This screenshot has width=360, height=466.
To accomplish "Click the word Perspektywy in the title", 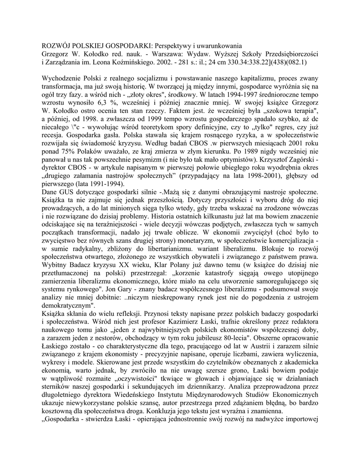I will (x=174, y=46).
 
